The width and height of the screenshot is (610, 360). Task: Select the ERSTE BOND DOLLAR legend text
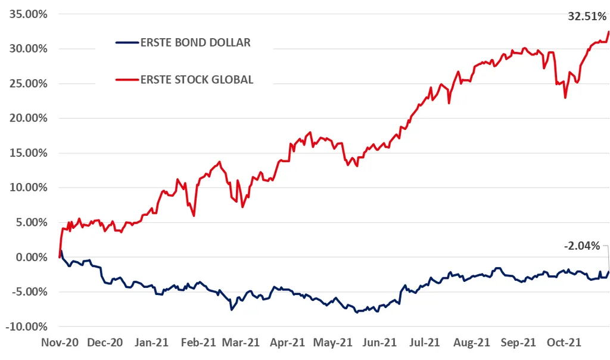tap(195, 42)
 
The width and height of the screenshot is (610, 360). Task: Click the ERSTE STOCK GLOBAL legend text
tap(197, 79)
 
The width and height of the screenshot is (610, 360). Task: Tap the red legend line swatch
tap(126, 79)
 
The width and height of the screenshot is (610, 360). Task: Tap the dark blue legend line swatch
tap(126, 42)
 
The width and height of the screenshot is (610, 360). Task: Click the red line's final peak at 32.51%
tap(608, 32)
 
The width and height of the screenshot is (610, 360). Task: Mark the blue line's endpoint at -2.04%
tap(608, 272)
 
